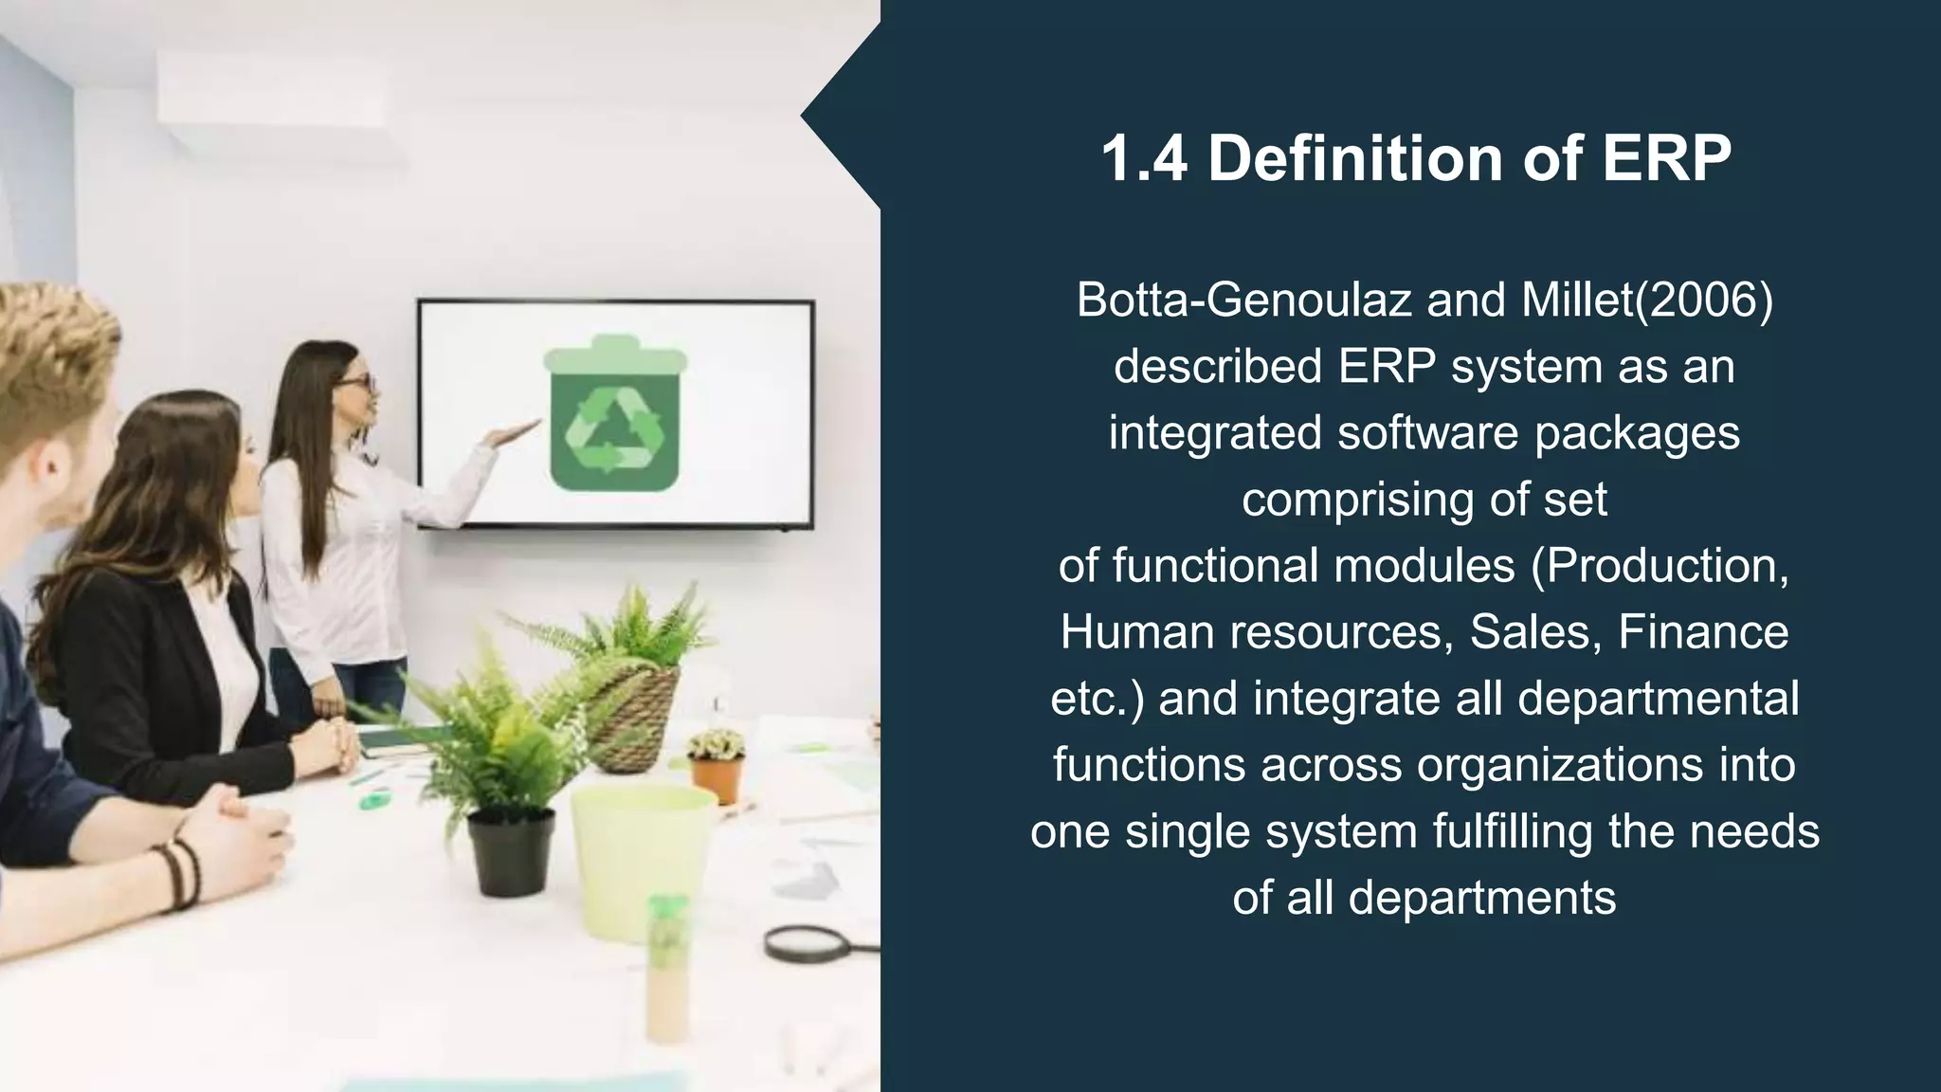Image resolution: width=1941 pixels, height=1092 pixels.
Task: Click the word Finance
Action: [1703, 632]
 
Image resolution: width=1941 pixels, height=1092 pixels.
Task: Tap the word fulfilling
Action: [1513, 831]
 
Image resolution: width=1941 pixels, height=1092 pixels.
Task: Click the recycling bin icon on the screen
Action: [614, 415]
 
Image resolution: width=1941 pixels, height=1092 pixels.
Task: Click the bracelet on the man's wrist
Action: [181, 872]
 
